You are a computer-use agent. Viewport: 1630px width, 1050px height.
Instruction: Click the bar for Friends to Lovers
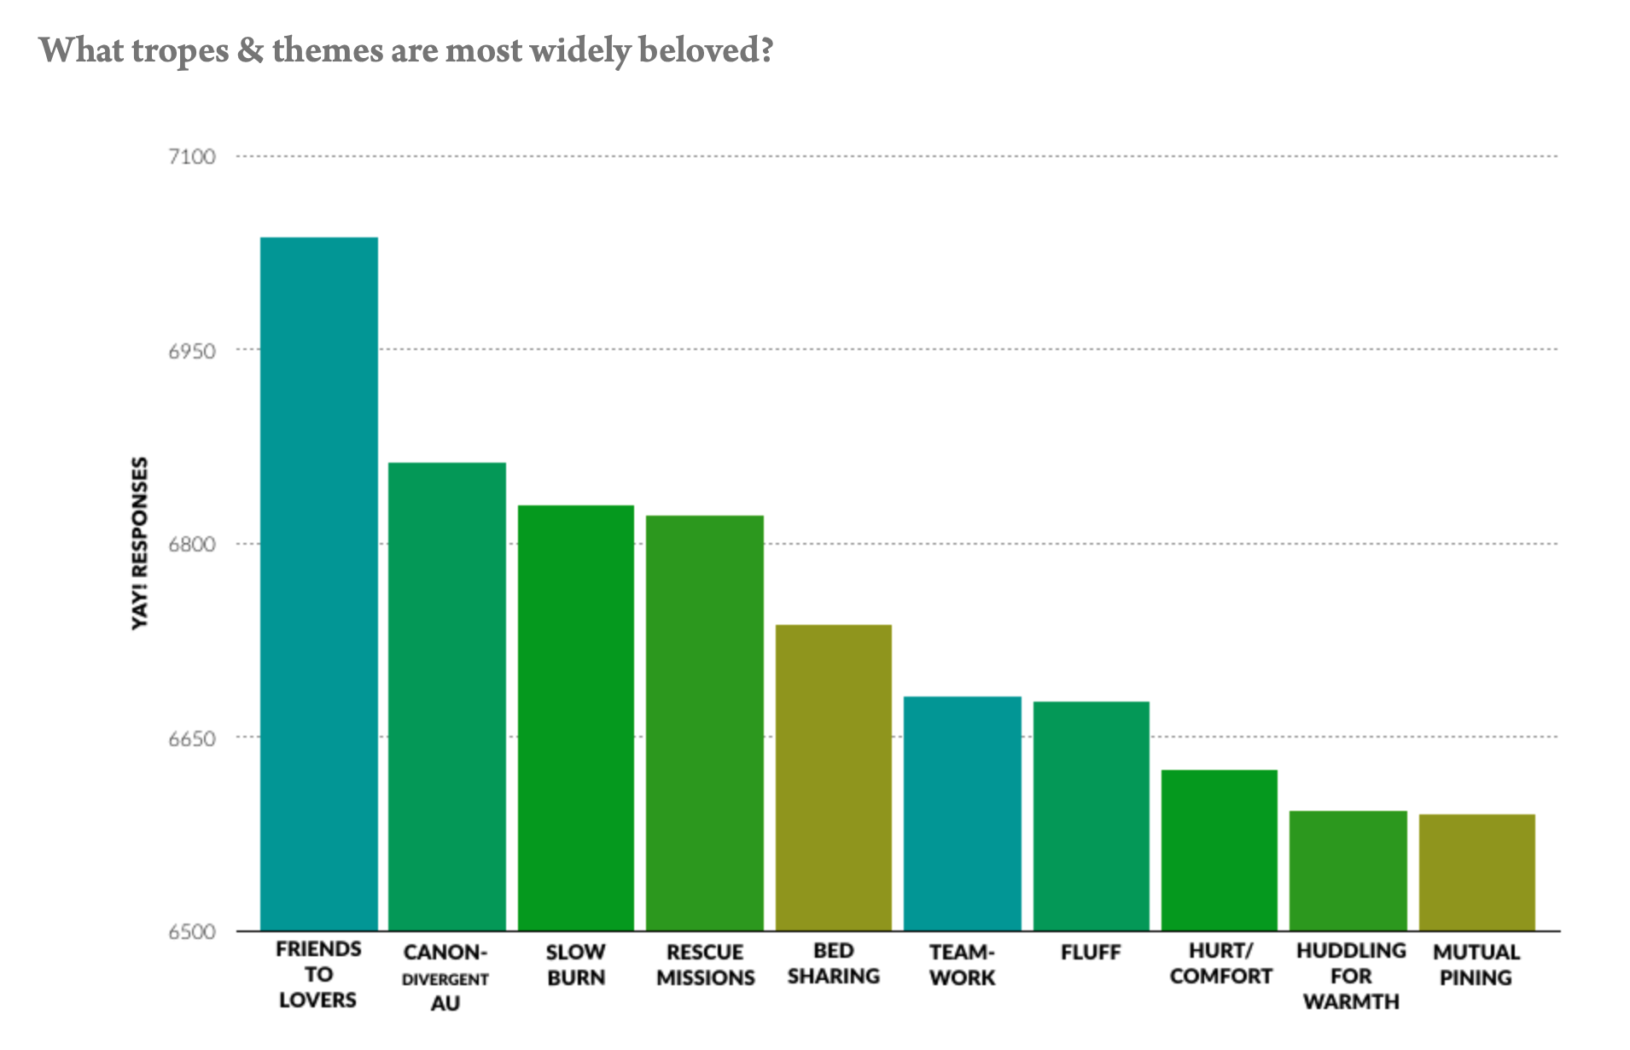click(318, 584)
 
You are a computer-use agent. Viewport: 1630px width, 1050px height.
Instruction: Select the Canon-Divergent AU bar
click(446, 696)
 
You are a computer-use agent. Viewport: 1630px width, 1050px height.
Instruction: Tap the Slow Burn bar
click(576, 717)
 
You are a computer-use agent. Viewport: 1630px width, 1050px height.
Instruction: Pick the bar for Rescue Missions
click(704, 722)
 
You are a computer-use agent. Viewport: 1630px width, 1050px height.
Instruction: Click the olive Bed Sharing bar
click(833, 777)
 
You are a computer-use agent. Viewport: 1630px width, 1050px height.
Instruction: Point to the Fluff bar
click(1091, 815)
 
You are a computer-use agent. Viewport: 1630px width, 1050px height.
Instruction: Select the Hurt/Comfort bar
click(1219, 849)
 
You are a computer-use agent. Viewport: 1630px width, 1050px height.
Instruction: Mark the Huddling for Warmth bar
click(1348, 870)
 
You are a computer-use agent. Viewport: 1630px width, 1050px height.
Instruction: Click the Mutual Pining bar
click(1476, 872)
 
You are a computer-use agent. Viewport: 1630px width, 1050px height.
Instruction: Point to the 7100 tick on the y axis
click(192, 157)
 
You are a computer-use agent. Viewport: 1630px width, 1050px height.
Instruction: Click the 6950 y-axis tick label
click(192, 351)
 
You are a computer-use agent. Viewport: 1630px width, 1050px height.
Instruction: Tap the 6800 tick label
click(192, 545)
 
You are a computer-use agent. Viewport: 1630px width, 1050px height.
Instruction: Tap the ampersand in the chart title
click(250, 50)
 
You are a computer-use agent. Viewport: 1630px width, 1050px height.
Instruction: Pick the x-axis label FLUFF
click(1091, 953)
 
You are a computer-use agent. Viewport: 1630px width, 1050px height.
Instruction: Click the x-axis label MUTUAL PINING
click(1476, 965)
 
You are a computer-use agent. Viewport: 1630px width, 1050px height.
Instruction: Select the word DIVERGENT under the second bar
click(445, 979)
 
